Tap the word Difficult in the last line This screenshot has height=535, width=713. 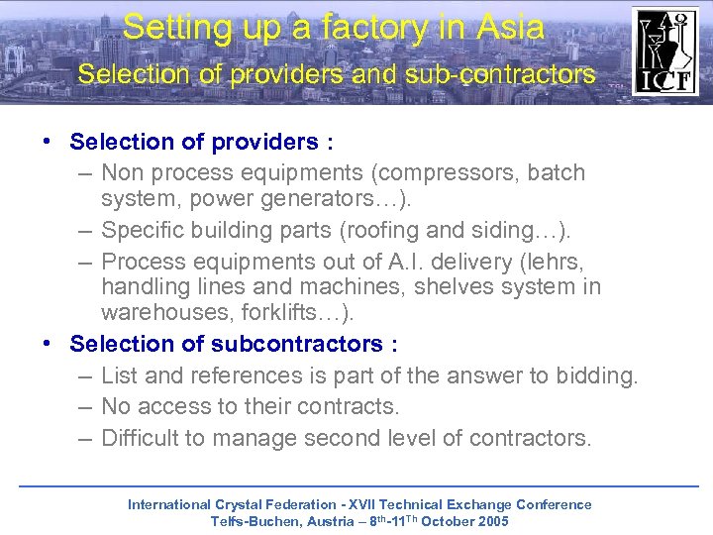(139, 437)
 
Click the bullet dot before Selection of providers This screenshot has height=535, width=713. (47, 142)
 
